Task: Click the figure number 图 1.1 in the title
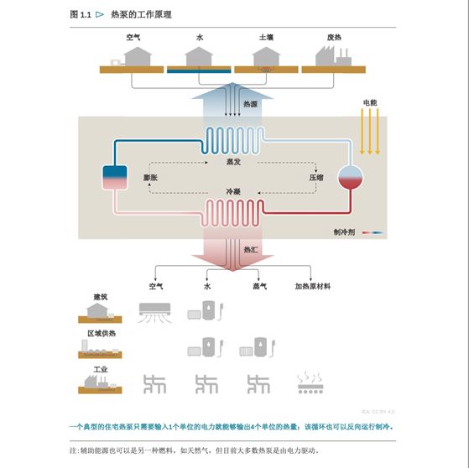(81, 14)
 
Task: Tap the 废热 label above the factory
(333, 38)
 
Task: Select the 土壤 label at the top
(266, 38)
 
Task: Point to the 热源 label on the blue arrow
(250, 104)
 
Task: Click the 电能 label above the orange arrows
(369, 102)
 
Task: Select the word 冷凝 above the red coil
(233, 192)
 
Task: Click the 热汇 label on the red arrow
(250, 250)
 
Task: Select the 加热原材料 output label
(312, 286)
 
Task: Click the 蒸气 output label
(259, 286)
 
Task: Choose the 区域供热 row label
(102, 333)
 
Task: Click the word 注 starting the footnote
(73, 450)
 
